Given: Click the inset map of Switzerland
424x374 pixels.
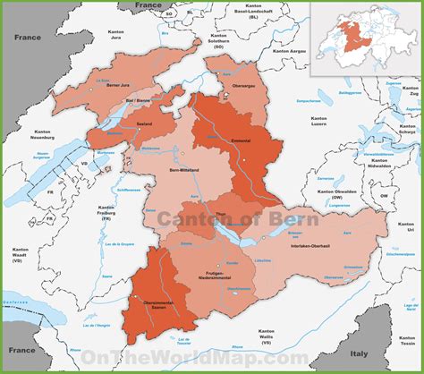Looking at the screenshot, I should click(365, 38).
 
